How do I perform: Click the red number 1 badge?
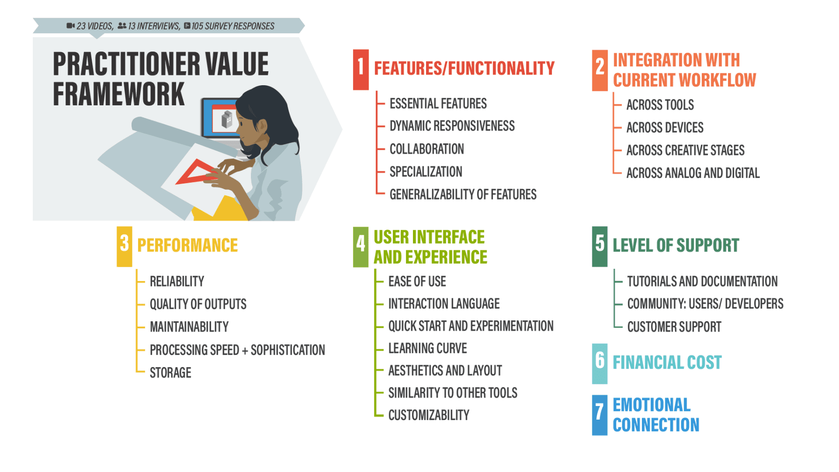(x=361, y=69)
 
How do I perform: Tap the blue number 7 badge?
(x=599, y=415)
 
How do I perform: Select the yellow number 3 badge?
(x=124, y=246)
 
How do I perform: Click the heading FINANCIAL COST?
(x=667, y=362)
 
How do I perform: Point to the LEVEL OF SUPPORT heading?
(x=676, y=245)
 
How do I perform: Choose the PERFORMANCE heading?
(x=187, y=245)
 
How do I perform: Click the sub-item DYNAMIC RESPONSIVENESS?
(x=452, y=126)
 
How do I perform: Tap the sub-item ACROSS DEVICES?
(x=665, y=127)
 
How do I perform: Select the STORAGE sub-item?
(x=170, y=373)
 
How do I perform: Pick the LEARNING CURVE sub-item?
(x=427, y=348)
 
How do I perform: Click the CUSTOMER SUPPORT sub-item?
(x=674, y=327)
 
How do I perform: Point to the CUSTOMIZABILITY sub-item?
(x=429, y=415)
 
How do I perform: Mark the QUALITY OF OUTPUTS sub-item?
(x=198, y=304)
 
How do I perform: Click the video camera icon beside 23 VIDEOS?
(x=70, y=26)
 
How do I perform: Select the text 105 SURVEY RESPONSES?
(x=233, y=26)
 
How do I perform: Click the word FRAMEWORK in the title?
(x=119, y=94)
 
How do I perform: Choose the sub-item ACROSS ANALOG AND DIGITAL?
(x=693, y=173)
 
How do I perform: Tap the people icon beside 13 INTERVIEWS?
(x=122, y=26)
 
